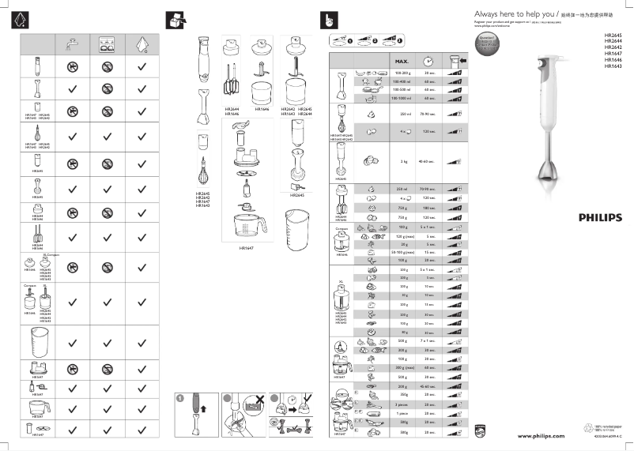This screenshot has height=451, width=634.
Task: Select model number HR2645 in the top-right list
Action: pos(613,36)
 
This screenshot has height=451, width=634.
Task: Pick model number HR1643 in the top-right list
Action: pos(613,66)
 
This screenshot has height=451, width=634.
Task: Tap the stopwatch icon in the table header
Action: pos(428,61)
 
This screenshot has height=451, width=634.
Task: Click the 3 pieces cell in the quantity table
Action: pos(402,404)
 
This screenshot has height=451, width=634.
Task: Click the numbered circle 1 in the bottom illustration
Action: pos(179,398)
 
